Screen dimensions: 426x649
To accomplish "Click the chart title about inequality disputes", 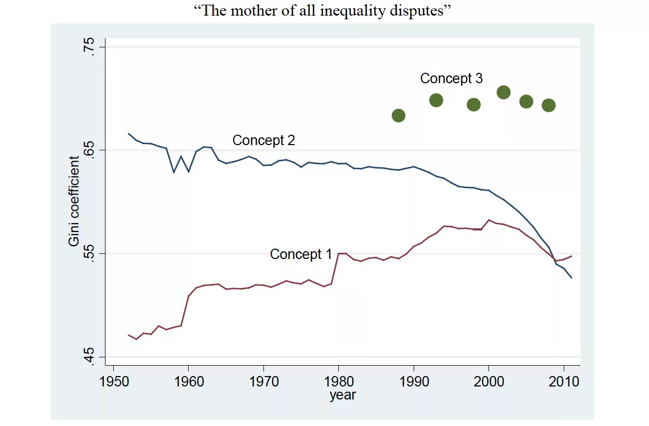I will pos(325,11).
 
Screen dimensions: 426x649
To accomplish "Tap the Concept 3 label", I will pos(451,79).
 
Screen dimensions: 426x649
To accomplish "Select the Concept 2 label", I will pos(263,140).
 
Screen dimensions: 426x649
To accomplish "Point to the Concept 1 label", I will pos(300,254).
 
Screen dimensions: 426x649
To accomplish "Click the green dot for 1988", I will pos(399,115).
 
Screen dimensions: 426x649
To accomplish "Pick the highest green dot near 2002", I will pos(504,93).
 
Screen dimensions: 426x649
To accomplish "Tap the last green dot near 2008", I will pos(549,106).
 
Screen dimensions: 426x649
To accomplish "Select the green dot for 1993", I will pos(436,100).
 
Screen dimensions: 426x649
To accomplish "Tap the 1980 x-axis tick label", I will pos(339,381).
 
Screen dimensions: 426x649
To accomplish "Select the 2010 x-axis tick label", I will pos(564,381).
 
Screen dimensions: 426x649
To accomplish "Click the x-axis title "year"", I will pos(342,395).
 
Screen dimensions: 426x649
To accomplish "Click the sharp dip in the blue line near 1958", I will pos(174,172).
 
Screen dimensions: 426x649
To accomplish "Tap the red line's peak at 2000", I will pos(489,220).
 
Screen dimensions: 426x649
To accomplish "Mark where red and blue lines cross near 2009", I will pos(554,260).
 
